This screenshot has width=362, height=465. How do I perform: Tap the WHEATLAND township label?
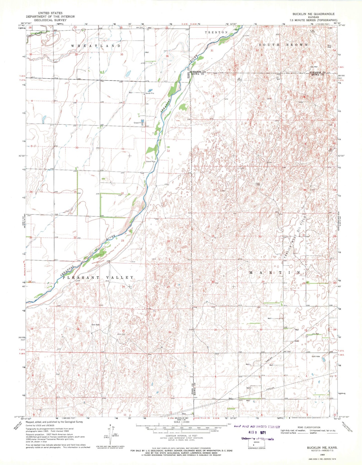[96, 46]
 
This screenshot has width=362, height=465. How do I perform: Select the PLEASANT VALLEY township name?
[98, 278]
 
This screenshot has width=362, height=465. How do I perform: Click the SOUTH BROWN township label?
[283, 45]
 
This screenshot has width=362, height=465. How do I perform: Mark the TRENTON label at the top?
[216, 33]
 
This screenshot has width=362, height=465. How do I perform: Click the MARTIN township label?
[275, 272]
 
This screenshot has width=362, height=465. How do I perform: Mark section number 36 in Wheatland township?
[167, 56]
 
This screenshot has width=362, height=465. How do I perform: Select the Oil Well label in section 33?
[316, 334]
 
